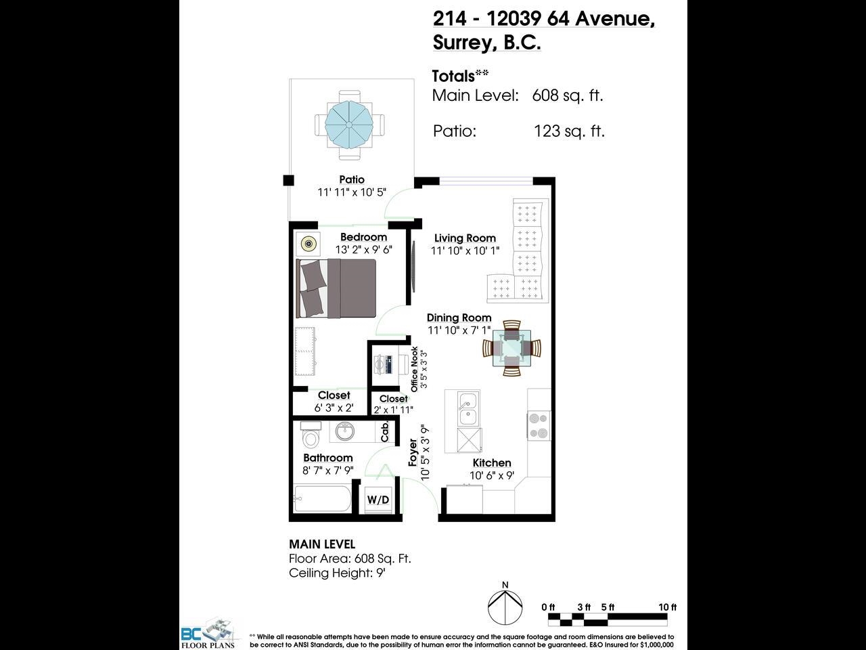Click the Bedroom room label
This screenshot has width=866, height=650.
(x=363, y=237)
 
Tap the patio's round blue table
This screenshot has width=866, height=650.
(x=349, y=125)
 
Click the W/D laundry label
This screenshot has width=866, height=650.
(x=378, y=500)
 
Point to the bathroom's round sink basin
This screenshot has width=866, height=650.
(x=344, y=431)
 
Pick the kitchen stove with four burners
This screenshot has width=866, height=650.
(x=539, y=426)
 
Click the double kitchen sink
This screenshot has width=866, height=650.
(x=468, y=409)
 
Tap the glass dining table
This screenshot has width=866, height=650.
(x=511, y=348)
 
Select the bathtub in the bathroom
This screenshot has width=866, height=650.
(x=322, y=498)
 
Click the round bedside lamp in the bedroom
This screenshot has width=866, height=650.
(x=308, y=244)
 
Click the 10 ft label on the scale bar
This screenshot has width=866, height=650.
(x=667, y=607)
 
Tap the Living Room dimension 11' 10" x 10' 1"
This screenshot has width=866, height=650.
(x=465, y=251)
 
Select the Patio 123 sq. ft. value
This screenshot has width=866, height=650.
(x=569, y=131)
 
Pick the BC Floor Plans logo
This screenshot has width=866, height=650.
(x=208, y=635)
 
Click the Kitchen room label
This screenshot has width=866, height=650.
(x=492, y=463)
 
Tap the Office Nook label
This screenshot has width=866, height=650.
(x=414, y=369)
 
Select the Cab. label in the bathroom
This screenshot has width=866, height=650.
(x=385, y=431)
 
